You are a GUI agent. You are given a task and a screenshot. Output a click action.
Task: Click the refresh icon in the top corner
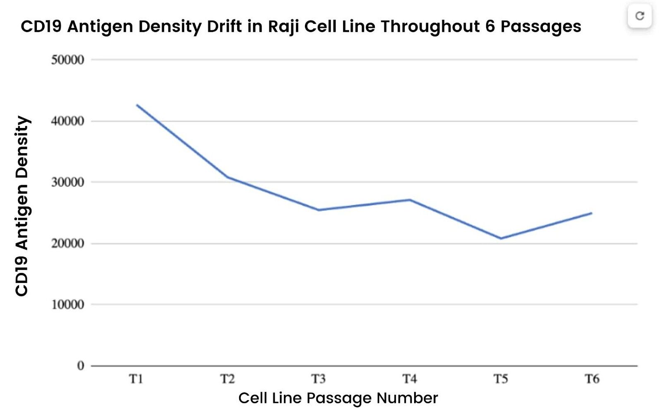click(x=640, y=16)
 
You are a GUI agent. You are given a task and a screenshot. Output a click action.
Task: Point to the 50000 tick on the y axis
click(x=67, y=60)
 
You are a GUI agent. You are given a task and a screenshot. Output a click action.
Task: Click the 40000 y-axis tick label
click(x=67, y=121)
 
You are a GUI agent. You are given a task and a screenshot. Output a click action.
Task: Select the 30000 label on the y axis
click(x=67, y=182)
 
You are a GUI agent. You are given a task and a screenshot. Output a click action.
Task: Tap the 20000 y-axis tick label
click(x=67, y=244)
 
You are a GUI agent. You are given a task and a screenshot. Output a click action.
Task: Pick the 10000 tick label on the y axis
click(x=67, y=305)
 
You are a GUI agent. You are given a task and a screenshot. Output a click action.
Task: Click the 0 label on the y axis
click(x=81, y=366)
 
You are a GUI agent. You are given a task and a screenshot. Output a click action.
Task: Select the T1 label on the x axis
click(x=136, y=379)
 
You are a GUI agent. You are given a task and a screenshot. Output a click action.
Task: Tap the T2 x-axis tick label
click(x=227, y=379)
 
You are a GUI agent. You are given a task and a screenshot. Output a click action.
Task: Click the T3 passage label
click(x=319, y=379)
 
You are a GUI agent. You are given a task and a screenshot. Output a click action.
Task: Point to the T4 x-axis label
click(x=410, y=379)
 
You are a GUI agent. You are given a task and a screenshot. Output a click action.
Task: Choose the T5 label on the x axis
click(x=501, y=379)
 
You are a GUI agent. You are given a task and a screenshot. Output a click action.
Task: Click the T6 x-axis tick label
click(x=592, y=379)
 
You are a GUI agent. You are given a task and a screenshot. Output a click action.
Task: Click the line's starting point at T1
click(x=137, y=105)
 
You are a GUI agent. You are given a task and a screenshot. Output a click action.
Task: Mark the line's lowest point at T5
click(x=501, y=239)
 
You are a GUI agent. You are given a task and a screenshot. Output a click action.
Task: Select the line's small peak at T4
click(x=410, y=200)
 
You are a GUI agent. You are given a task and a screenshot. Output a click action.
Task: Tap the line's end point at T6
click(x=592, y=213)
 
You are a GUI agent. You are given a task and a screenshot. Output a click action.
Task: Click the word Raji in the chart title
click(x=283, y=27)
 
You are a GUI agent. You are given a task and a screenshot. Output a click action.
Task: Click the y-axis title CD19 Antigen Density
click(x=22, y=206)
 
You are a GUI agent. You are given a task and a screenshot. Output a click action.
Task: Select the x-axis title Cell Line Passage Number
click(x=338, y=398)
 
